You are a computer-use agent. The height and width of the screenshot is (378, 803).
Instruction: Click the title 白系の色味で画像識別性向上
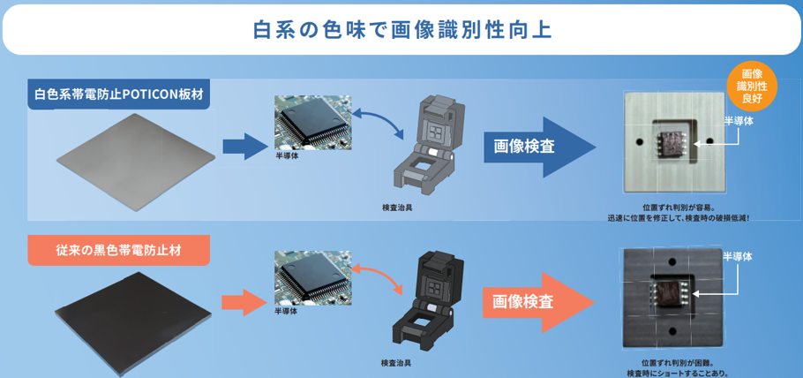click(x=401, y=29)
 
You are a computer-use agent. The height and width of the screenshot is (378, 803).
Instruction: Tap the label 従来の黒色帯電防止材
click(x=119, y=251)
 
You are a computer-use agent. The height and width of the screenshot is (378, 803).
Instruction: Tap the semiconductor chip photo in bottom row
click(x=308, y=277)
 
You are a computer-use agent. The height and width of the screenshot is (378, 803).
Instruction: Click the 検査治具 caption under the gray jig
click(x=396, y=208)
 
